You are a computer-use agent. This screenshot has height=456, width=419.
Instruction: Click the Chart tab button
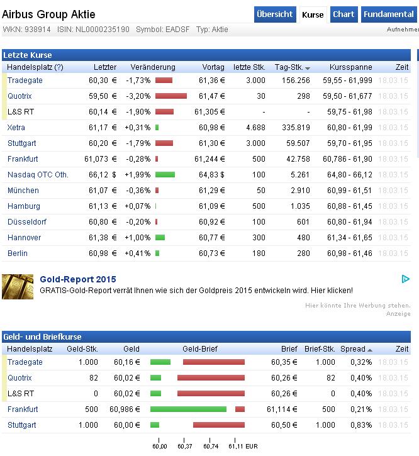pyautogui.click(x=344, y=14)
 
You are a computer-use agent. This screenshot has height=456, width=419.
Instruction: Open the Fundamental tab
pyautogui.click(x=388, y=14)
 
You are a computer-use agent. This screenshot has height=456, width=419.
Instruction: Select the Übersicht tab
pyautogui.click(x=275, y=14)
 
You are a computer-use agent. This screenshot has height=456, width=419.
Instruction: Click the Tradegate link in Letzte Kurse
pyautogui.click(x=25, y=81)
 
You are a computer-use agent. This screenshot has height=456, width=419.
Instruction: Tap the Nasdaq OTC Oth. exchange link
pyautogui.click(x=38, y=175)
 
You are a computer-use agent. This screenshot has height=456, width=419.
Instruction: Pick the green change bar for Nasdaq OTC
pyautogui.click(x=165, y=175)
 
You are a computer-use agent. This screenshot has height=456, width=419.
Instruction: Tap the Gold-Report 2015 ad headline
pyautogui.click(x=78, y=280)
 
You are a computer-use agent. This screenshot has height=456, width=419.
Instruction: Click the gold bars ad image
pyautogui.click(x=18, y=286)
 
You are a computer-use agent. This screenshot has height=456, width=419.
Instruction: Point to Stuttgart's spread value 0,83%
pyautogui.click(x=361, y=425)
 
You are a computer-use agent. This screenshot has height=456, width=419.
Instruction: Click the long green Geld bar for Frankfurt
pyautogui.click(x=188, y=409)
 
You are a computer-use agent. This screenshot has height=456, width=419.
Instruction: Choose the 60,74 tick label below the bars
pyautogui.click(x=210, y=447)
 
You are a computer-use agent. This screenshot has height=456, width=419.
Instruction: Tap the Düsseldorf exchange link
pyautogui.click(x=26, y=222)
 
